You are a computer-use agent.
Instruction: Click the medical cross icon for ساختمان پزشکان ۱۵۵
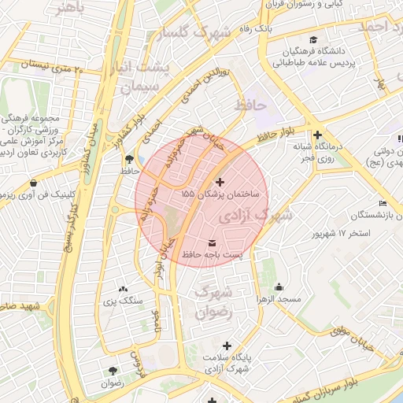(219, 182)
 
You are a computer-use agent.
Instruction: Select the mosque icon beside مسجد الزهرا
(283, 286)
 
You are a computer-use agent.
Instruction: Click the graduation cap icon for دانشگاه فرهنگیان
(313, 40)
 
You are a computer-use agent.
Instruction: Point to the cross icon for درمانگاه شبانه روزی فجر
(317, 135)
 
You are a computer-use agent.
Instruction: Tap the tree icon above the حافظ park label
(129, 158)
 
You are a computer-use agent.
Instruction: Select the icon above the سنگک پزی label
(123, 289)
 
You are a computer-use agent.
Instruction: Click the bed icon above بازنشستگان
(383, 204)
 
